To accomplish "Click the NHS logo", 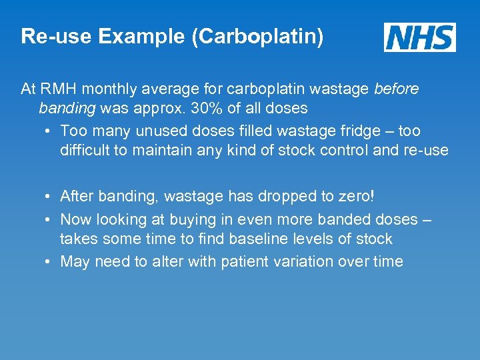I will click(x=419, y=37).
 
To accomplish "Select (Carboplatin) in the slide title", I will click(x=258, y=37).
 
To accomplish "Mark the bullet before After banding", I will click(x=50, y=197).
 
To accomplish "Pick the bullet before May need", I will click(x=50, y=261).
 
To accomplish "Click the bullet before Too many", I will click(x=50, y=131).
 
